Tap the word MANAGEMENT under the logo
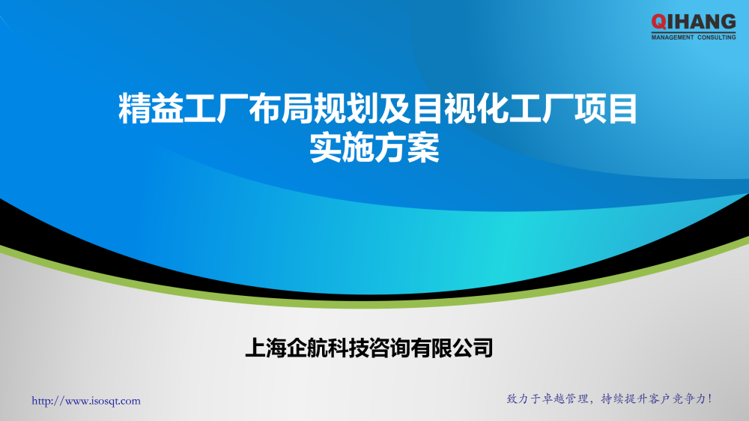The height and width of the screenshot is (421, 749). click(x=673, y=37)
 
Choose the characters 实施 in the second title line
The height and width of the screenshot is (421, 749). click(x=342, y=148)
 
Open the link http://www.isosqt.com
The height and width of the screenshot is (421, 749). click(x=86, y=402)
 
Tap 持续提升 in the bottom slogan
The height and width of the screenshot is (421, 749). click(x=627, y=399)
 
